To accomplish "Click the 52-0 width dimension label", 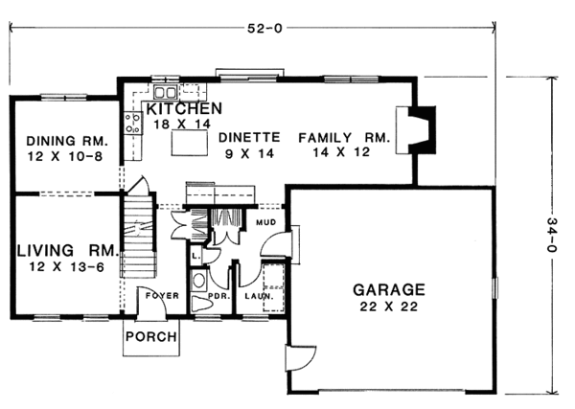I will [x=256, y=27].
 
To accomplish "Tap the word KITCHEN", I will [x=184, y=107].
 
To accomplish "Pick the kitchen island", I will [x=188, y=143].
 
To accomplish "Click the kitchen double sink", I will [x=163, y=93].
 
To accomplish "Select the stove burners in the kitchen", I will [x=132, y=122].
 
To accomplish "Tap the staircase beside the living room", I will [x=138, y=235].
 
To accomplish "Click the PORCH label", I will [x=151, y=337].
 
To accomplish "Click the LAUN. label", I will [x=258, y=296].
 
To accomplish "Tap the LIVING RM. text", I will [x=65, y=251].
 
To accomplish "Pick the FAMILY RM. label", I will [x=343, y=138].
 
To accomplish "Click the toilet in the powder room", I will [x=199, y=282].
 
